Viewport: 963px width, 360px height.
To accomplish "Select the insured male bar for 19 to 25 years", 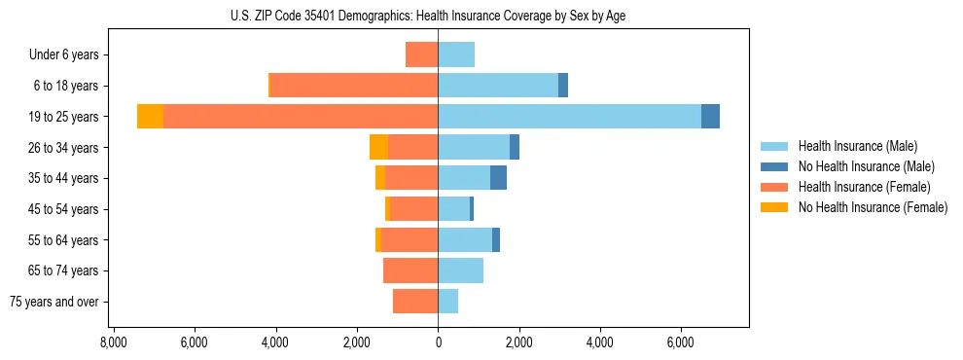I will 569,116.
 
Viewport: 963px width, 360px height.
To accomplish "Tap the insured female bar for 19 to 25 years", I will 301,116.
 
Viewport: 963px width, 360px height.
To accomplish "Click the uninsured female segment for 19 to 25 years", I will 150,116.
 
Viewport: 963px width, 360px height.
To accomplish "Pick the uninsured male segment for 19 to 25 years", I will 710,116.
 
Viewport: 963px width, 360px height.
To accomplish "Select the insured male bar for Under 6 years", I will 456,54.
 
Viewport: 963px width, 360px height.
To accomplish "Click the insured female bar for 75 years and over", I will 415,302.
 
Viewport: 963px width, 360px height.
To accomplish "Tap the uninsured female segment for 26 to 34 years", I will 378,147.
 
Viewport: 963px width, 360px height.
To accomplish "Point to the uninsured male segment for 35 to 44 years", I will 498,178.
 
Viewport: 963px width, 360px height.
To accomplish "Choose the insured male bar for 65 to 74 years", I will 460,270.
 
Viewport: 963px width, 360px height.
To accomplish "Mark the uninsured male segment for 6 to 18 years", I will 563,86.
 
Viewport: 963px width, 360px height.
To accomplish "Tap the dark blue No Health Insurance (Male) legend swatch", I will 774,166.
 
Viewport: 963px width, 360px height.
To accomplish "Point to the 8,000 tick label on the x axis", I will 113,342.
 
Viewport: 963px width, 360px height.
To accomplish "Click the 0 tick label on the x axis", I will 438,342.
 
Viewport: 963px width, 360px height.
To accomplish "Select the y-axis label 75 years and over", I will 54,302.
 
